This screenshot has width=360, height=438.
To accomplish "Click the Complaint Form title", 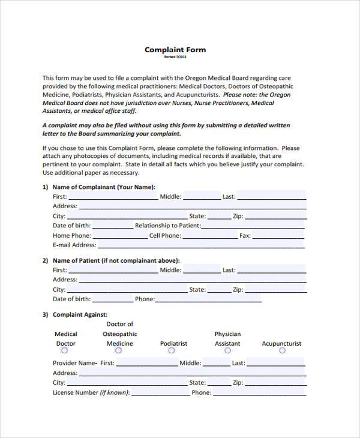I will tap(175, 50).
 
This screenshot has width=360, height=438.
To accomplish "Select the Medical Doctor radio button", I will tap(65, 351).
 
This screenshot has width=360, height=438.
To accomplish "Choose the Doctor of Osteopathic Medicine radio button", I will tap(119, 351).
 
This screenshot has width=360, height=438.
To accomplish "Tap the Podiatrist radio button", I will tap(173, 351).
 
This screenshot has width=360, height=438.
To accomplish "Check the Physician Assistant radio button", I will tap(227, 351).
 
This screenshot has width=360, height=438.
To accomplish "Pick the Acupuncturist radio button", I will tap(281, 351).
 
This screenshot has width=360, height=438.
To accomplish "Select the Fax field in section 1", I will tap(279, 235).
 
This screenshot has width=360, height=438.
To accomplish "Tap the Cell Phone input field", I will tap(208, 235).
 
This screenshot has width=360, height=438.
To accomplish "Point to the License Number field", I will tap(160, 392).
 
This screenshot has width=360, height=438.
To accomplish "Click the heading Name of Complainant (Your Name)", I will tap(104, 187).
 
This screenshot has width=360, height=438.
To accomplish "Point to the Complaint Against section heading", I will tap(80, 314).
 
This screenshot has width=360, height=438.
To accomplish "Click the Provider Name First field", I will tap(147, 363).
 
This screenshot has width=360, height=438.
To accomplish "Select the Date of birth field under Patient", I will tap(112, 299).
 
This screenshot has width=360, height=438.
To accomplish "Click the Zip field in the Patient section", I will tap(275, 289).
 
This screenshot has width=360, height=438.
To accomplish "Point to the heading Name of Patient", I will tap(116, 260).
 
